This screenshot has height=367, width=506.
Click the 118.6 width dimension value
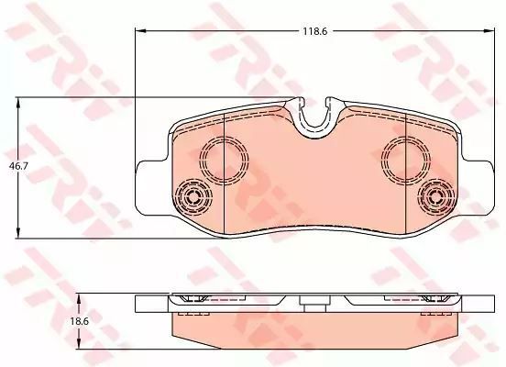pos(315,31)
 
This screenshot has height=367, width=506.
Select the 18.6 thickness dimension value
pos(80,321)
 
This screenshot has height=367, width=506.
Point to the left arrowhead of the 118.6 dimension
pos(140,31)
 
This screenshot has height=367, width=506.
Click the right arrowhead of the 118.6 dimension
pos(489,31)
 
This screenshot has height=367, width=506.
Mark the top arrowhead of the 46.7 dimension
pos(18,103)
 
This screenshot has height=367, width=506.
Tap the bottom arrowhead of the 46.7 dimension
pos(18,233)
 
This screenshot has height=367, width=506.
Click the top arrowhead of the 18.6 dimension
pos(79,299)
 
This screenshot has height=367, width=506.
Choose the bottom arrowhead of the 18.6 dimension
pos(79,343)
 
